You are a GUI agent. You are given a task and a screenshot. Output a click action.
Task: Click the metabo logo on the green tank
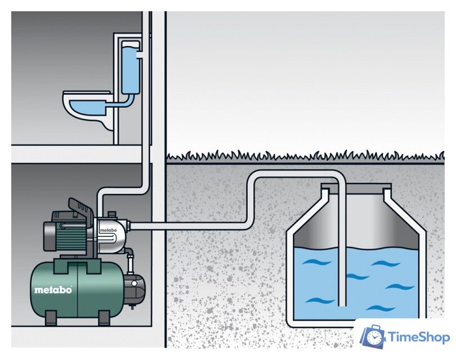pos(53,290)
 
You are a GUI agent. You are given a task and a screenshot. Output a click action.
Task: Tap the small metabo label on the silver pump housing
pos(108,230)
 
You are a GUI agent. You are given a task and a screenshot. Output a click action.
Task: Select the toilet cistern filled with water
pos(130,67)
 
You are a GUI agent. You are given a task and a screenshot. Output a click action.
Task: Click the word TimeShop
pos(419,337)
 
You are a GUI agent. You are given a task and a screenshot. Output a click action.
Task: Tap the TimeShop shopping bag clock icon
pos(373,336)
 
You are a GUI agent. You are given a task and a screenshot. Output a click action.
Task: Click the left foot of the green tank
pos(51,318)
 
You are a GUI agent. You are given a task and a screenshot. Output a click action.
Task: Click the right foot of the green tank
pos(104,318)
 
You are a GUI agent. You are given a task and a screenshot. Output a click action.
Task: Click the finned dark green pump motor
pos(70,235)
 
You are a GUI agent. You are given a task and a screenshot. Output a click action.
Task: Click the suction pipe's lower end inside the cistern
pos(342,305)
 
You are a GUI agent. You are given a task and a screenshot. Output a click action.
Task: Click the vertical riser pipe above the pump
pos(147,102)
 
